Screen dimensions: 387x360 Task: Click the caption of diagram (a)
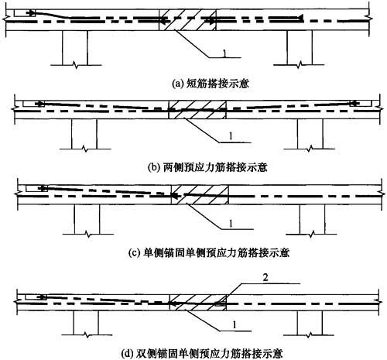[x=211, y=84]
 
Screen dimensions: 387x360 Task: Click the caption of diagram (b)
[x=208, y=167]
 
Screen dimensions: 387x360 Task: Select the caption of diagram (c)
[x=209, y=252]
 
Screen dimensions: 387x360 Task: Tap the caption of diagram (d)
[x=202, y=353]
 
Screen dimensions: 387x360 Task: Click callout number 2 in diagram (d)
[x=265, y=278]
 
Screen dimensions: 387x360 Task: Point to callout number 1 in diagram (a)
[x=224, y=53]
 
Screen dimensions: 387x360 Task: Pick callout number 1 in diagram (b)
[x=231, y=136]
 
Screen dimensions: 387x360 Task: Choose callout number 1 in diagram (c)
[x=231, y=224]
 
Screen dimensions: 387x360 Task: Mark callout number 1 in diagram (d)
[x=235, y=325]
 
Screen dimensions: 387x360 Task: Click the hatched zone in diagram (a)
[x=187, y=20]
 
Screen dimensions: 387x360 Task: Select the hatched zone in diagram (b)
[x=197, y=110]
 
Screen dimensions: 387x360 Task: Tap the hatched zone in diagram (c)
[x=200, y=194]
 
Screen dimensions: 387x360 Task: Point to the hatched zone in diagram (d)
[x=198, y=303]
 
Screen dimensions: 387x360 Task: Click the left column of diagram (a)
[x=75, y=48]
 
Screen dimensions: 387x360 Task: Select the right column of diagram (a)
[x=300, y=48]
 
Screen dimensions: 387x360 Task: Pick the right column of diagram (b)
[x=310, y=134]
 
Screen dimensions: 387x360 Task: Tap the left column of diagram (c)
[x=87, y=219]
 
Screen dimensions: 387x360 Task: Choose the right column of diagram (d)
[x=310, y=323]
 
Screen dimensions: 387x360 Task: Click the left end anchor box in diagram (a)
[x=25, y=13]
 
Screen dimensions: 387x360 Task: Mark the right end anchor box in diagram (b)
[x=361, y=103]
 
